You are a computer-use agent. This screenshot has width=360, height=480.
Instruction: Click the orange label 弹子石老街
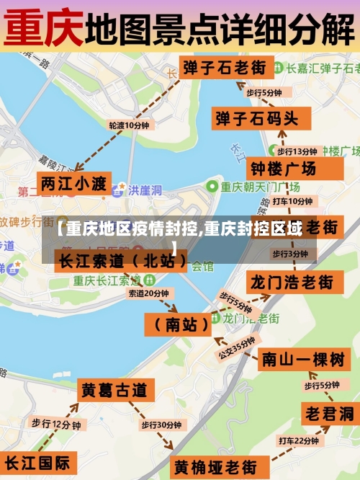tap(223, 68)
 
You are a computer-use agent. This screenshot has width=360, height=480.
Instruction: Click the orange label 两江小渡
tap(73, 183)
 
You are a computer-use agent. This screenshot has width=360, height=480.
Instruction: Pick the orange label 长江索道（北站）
tap(123, 259)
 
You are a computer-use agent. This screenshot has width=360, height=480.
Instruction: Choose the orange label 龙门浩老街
tap(291, 281)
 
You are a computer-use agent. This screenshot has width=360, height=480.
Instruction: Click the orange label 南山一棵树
tap(302, 359)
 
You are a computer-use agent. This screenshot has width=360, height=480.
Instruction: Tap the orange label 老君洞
tap(328, 414)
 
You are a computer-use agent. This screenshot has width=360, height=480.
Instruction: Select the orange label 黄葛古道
tap(114, 391)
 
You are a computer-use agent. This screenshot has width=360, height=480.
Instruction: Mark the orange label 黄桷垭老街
tap(215, 466)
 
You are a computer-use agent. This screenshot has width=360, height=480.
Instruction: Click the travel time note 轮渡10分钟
tap(129, 125)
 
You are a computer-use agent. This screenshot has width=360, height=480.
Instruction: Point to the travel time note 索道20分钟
tap(148, 293)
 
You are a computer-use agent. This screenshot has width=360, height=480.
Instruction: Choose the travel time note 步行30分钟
tap(161, 425)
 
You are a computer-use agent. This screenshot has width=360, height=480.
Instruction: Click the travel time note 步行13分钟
tap(297, 151)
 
